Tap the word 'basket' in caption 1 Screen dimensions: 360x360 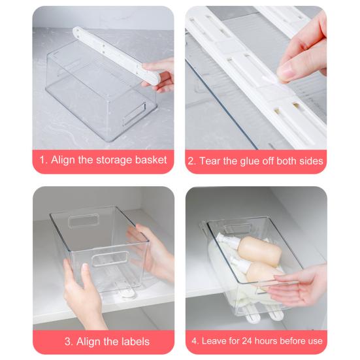(x=151, y=159)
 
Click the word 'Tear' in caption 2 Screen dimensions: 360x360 (x=210, y=161)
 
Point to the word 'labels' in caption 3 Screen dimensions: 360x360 (x=135, y=342)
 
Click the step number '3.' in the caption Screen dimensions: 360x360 (x=69, y=342)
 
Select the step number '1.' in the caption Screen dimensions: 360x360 (x=43, y=160)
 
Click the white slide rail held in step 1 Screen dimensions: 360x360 (x=116, y=55)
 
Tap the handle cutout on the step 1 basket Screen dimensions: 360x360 (x=135, y=114)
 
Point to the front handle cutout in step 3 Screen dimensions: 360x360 (x=110, y=259)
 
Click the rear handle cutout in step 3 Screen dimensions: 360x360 (x=83, y=221)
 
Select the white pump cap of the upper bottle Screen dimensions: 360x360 (x=225, y=240)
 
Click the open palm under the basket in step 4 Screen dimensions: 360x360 (x=299, y=286)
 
